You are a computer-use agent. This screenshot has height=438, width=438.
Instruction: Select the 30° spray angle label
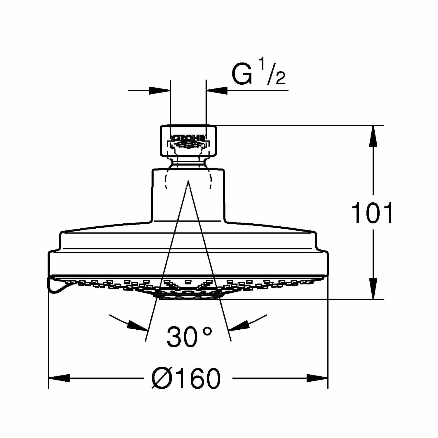[189, 336]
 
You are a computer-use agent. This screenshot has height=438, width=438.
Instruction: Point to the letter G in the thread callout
[242, 74]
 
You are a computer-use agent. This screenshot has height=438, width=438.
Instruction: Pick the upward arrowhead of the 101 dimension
[373, 136]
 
